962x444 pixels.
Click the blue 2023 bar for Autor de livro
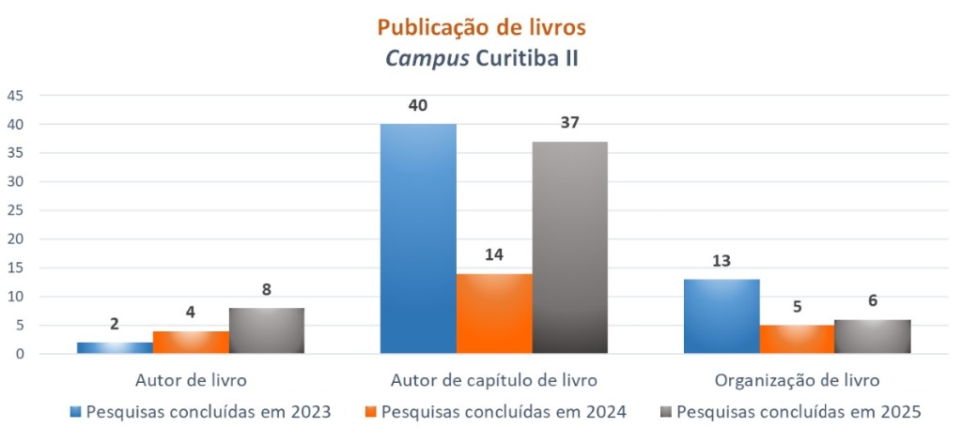point(115,347)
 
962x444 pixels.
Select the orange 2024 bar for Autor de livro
point(191,342)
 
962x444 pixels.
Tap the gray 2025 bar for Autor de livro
point(267,330)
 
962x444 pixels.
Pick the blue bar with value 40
point(418,238)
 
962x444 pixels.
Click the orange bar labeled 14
point(494,314)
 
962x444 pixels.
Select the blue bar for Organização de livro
point(721,316)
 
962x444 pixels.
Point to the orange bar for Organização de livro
point(797,339)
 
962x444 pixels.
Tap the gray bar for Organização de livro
point(873,336)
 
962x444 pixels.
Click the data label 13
point(721,261)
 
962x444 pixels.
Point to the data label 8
point(267,290)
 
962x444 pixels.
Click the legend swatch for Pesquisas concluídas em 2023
point(75,411)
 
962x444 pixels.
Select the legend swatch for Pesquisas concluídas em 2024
point(371,411)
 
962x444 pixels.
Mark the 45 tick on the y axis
point(16,96)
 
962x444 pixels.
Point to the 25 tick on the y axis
point(16,210)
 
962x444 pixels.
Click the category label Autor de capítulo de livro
point(494,381)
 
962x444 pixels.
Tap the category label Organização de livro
point(797,381)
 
